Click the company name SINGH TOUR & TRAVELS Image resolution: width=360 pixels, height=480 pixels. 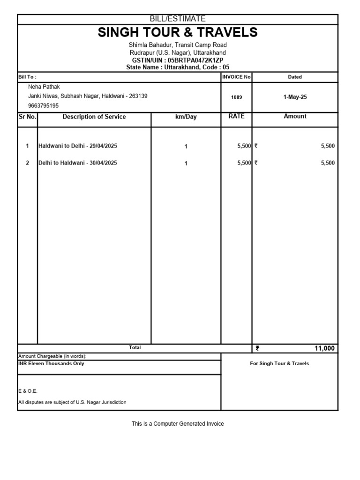coord(178,32)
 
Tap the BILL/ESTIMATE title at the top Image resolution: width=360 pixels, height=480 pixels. coord(178,19)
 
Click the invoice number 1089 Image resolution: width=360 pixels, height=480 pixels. coord(237,97)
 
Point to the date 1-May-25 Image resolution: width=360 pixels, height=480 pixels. coord(295,97)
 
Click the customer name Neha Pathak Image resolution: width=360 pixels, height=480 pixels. coord(44,87)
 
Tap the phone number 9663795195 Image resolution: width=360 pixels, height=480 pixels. coord(44,105)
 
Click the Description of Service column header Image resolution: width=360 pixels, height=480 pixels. coord(94,117)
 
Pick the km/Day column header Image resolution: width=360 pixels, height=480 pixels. coord(186,117)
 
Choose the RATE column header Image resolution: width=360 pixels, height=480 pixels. coord(237,116)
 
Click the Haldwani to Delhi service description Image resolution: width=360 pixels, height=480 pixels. coord(78,146)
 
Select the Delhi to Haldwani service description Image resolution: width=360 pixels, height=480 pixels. coord(78,163)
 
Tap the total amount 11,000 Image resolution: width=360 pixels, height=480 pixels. coord(325,348)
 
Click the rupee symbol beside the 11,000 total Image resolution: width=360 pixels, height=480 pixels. coord(257,348)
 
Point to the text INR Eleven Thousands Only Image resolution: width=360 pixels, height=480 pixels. coord(51,364)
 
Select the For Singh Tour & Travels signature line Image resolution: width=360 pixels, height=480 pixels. coord(279,364)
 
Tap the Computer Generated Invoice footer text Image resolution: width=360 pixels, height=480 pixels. coord(178,424)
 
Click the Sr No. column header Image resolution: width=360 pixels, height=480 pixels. coord(28,117)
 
